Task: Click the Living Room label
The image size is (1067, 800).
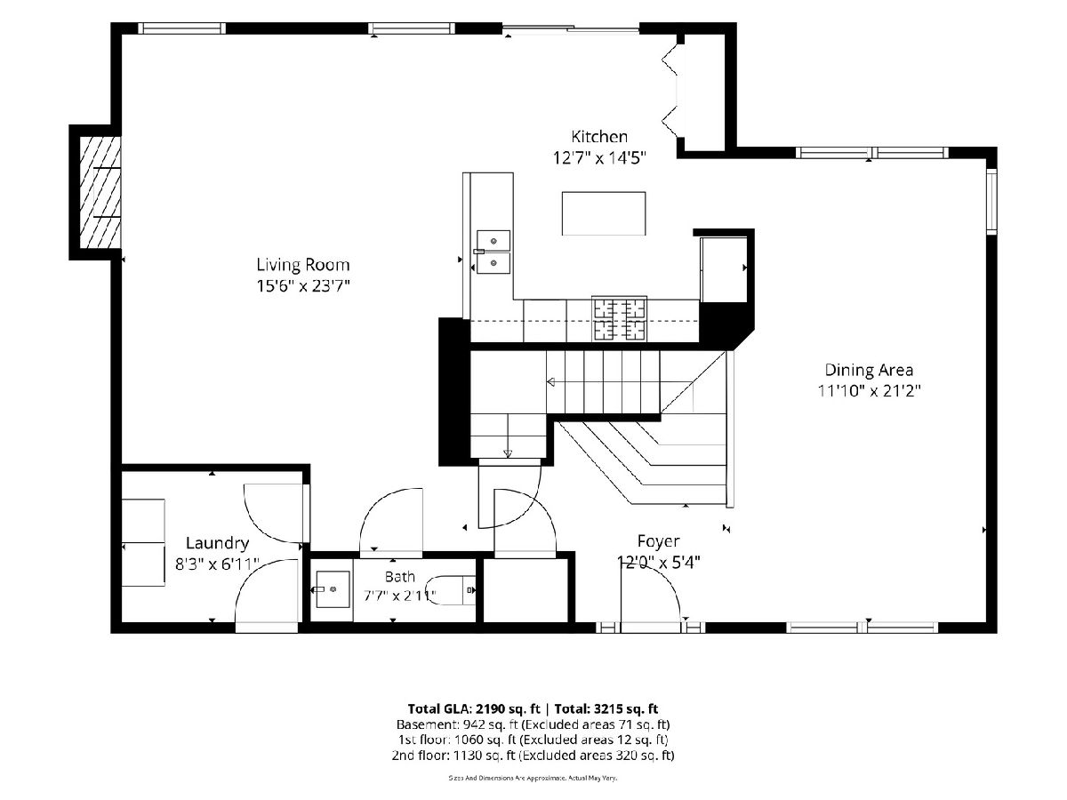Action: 303,265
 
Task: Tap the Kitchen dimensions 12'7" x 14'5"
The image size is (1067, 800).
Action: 599,158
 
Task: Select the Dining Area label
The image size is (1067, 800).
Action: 869,370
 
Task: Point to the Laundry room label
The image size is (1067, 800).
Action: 217,543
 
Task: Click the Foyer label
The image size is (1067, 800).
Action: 658,541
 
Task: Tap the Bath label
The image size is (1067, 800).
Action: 399,577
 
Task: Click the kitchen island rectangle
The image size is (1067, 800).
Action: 604,213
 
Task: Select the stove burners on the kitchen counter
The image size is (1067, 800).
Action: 619,318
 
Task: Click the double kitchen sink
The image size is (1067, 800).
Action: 493,252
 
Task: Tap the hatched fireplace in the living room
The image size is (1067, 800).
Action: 100,192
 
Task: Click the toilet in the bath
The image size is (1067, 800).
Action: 452,590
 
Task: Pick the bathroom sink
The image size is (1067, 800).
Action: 333,589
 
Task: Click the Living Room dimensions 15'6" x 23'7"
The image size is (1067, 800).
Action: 303,286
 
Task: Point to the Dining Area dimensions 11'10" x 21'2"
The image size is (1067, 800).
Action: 869,391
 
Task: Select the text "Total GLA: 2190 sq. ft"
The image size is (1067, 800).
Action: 474,708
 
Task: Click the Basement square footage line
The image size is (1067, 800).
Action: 533,724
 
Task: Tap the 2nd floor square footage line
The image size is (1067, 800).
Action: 533,756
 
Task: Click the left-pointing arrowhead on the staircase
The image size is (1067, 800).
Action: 550,382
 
